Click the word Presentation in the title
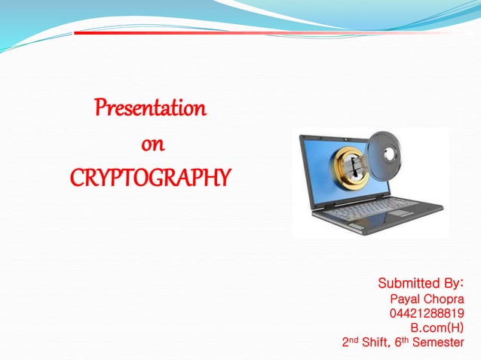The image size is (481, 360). coord(150,108)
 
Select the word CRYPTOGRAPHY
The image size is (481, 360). coord(150,178)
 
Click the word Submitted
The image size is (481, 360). coord(408,284)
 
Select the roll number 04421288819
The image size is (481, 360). coord(427,313)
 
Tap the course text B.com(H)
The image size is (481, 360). coord(437,328)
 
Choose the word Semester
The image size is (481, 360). coord(438,343)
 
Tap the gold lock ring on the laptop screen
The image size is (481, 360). coord(349,170)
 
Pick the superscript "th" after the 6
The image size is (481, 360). coord(406,339)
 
